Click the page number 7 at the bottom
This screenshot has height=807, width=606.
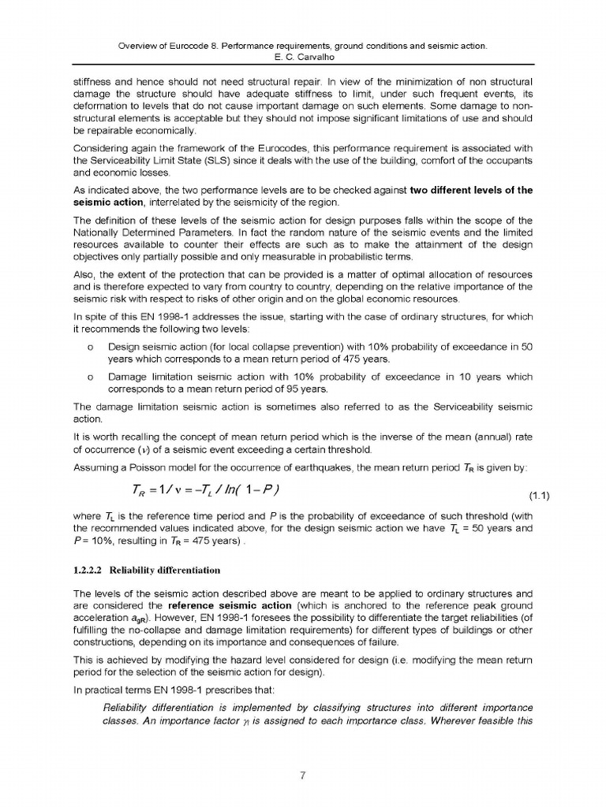(x=303, y=774)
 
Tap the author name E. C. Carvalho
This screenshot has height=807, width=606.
(x=302, y=58)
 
